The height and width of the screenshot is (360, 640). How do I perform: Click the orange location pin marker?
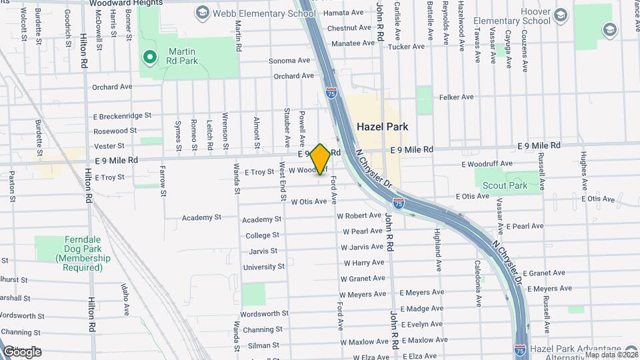320,159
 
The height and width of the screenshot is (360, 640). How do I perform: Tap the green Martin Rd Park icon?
150,57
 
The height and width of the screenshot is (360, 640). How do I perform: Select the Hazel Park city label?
382,126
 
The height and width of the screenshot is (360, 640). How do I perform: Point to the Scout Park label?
519,186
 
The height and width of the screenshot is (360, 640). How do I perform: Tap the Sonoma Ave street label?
289,60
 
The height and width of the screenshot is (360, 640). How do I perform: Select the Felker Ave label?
456,97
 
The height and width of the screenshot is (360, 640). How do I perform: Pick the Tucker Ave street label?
406,47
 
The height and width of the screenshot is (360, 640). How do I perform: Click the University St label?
263,267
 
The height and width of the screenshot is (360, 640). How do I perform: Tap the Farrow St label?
163,183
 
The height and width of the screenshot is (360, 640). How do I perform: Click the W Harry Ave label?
363,263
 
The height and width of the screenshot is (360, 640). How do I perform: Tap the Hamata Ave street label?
344,12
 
